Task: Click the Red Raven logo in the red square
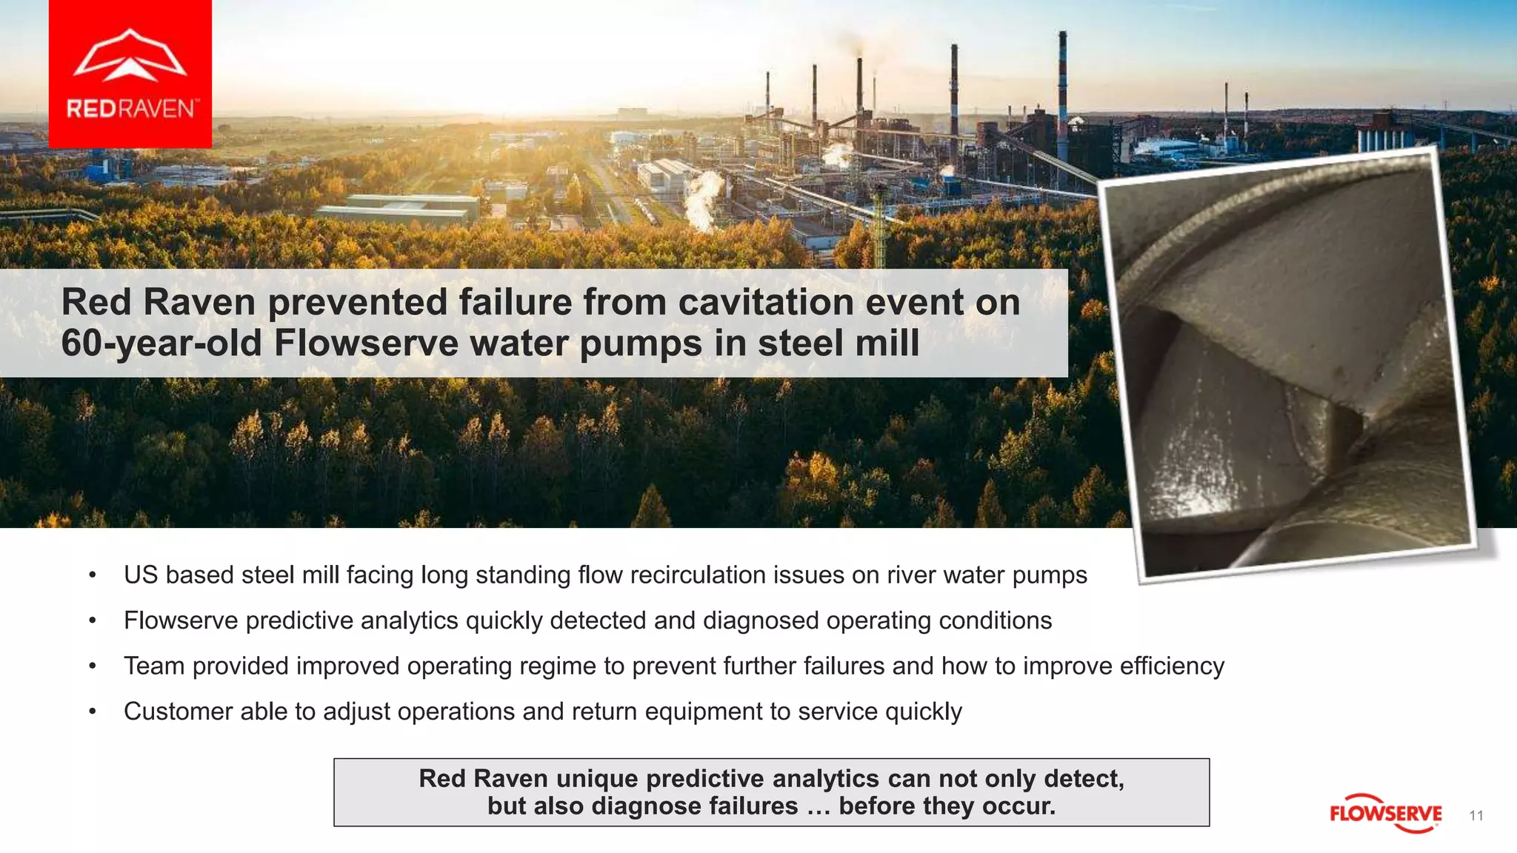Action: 130,74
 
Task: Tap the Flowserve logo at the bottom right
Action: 1385,814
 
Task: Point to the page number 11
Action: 1476,815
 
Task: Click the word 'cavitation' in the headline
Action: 766,302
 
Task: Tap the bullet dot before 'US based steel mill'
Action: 93,575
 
